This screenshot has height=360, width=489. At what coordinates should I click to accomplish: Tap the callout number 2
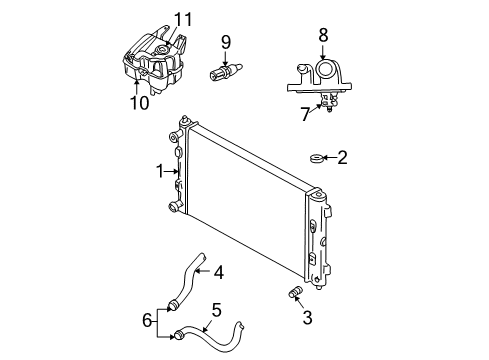pyautogui.click(x=342, y=157)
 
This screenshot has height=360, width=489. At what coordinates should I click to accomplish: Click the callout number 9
pyautogui.click(x=226, y=43)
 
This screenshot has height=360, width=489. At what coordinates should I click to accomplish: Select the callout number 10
pyautogui.click(x=139, y=102)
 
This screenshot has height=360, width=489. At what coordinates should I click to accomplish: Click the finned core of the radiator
pyautogui.click(x=245, y=200)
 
